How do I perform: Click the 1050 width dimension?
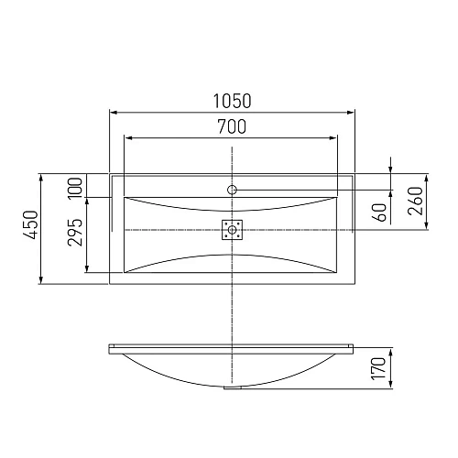coord(232,100)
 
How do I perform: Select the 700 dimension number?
coord(232,127)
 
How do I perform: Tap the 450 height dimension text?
coord(29,226)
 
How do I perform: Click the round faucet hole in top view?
coord(233,191)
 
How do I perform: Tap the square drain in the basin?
coord(233,229)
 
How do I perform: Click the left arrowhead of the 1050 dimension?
coord(113,112)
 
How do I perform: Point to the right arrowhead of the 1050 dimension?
coord(354,112)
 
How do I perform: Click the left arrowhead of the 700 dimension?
coord(126,139)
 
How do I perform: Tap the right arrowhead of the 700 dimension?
coord(337,139)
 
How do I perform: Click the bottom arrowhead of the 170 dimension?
coord(392,386)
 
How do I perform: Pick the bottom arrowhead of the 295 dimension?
coord(87,269)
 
